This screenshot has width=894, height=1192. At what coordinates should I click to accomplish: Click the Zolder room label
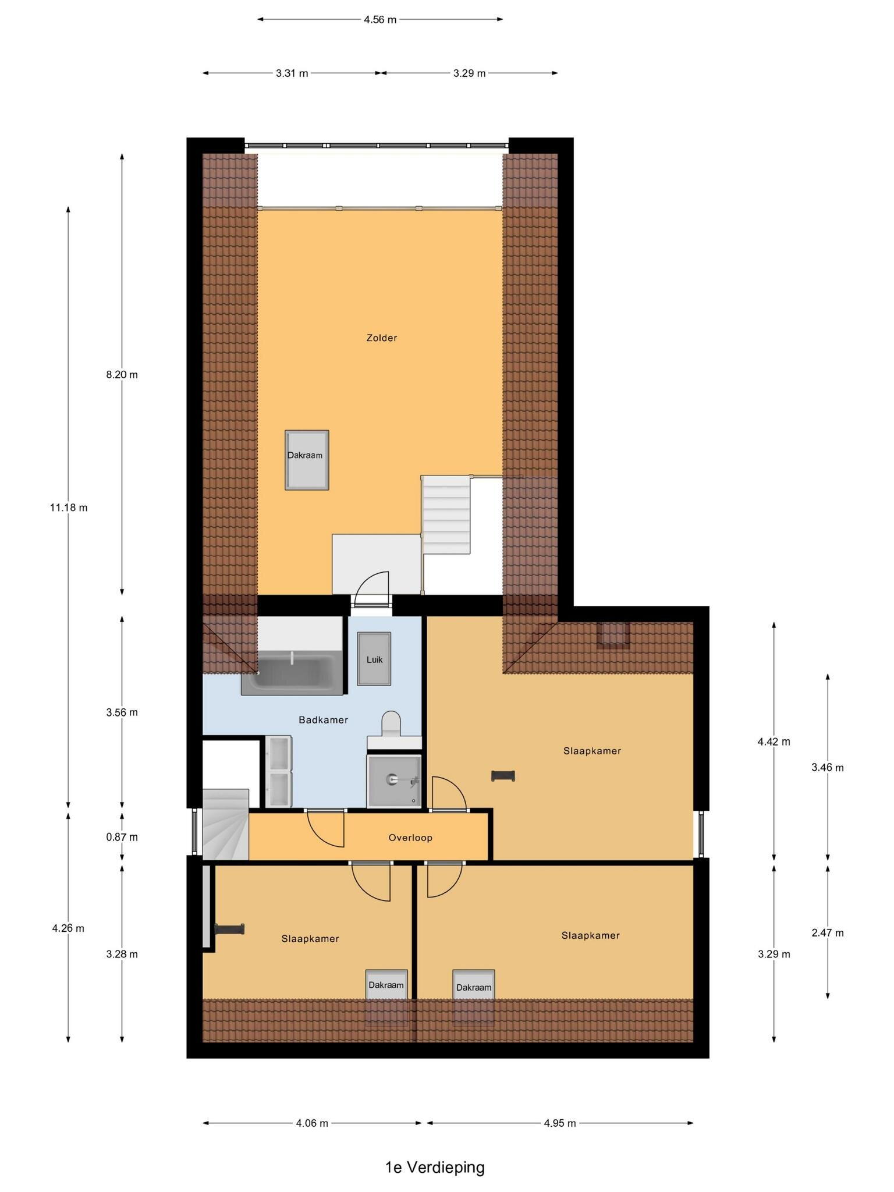tap(382, 338)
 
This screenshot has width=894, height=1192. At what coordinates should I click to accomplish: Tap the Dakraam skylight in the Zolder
tap(307, 460)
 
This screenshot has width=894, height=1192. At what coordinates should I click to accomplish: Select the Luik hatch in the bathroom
tap(374, 659)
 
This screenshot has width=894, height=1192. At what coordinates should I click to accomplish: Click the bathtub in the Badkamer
tap(292, 673)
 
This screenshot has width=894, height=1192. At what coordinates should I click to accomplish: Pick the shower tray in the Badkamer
tap(394, 781)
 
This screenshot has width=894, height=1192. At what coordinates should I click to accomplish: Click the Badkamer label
tap(324, 720)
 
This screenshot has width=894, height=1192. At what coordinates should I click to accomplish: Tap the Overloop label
tap(410, 838)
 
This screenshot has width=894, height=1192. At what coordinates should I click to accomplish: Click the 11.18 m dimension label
tap(69, 508)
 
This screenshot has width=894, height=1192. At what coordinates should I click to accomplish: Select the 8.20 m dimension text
tap(122, 374)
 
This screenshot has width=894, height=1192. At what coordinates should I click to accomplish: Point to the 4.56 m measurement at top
tap(380, 20)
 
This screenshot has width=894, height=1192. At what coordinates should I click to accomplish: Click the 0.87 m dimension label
tap(122, 837)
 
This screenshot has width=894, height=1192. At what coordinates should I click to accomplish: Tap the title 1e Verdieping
tap(435, 1167)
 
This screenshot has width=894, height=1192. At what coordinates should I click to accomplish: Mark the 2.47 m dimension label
tap(828, 933)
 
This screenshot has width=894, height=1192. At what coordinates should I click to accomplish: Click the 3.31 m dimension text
tap(292, 73)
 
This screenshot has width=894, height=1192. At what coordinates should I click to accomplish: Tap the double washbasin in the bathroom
tap(279, 772)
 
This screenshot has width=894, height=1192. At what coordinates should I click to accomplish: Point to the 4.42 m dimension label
tap(774, 742)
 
